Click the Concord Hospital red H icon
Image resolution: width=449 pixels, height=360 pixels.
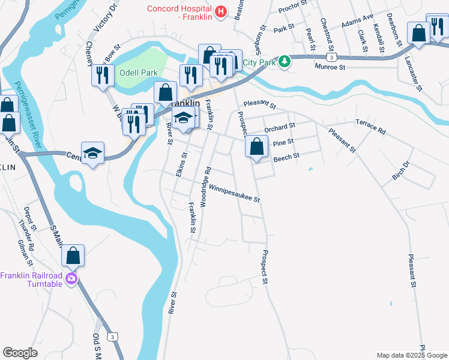221,11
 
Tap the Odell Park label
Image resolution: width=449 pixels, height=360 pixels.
138,73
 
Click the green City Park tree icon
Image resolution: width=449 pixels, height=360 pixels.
285,61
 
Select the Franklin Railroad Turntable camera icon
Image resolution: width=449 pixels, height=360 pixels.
71,278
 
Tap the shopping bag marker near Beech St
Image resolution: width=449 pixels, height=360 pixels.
256,146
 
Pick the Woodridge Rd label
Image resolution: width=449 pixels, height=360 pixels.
205,187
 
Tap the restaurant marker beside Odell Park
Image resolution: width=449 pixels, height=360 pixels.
103,74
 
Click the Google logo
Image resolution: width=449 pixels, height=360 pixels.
20,353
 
